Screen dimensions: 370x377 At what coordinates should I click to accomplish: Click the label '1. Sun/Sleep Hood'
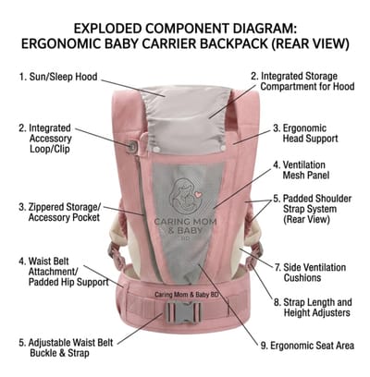[58, 77]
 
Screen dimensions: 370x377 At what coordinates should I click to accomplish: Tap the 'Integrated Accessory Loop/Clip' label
[45, 139]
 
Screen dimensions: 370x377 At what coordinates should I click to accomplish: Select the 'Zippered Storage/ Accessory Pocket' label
[60, 213]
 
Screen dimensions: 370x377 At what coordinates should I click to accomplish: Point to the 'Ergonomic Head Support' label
[305, 133]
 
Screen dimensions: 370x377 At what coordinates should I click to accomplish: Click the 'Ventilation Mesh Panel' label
[302, 170]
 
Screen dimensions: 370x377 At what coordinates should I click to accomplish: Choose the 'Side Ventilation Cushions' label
[310, 273]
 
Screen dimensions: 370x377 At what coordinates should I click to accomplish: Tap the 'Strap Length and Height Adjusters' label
[313, 308]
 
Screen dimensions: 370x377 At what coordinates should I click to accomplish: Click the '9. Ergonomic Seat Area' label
[307, 346]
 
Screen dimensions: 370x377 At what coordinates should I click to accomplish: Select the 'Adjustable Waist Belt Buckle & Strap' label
[66, 347]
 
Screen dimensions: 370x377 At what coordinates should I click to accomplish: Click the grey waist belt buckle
[184, 312]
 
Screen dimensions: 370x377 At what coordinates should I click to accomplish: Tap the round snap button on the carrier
[131, 146]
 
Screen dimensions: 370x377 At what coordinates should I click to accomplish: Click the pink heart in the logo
[198, 195]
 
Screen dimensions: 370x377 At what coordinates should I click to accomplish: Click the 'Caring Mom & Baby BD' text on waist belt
[186, 295]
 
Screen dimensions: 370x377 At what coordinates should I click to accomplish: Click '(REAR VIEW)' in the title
[311, 44]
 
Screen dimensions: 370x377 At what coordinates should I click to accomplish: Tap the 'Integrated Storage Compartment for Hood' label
[302, 81]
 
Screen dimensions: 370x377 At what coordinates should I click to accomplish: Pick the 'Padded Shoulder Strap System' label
[312, 209]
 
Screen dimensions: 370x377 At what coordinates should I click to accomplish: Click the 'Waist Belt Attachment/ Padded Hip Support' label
[64, 272]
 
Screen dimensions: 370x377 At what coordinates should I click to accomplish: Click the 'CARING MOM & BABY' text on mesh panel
[185, 225]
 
